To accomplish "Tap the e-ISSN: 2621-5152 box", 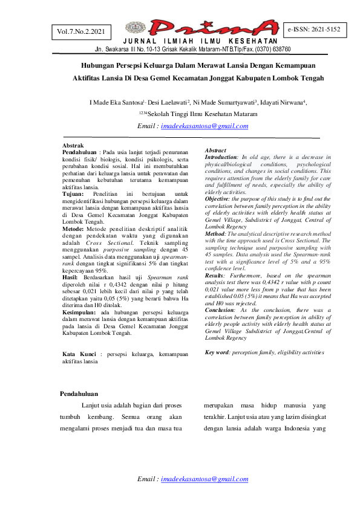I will (314, 29).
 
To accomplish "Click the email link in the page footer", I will (205, 479).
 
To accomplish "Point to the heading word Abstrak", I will (74, 146).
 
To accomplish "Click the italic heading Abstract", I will (216, 150).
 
